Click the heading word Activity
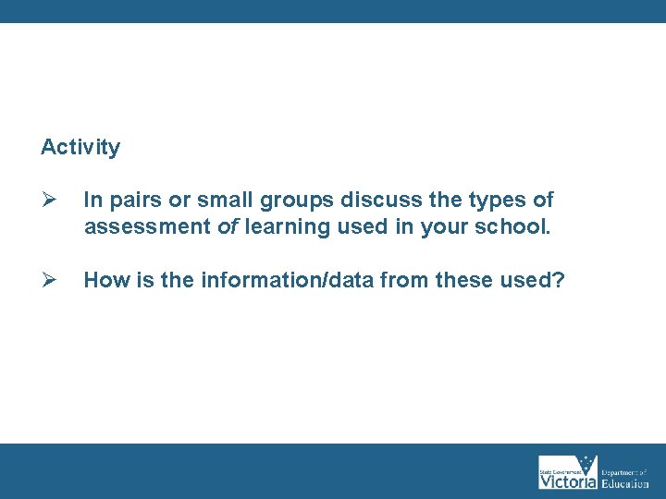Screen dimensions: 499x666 click(x=80, y=147)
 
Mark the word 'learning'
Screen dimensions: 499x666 click(x=281, y=227)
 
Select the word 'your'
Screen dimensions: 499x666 click(x=440, y=227)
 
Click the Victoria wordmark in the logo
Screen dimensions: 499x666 click(x=567, y=481)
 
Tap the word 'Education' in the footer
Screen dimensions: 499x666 click(x=625, y=482)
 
